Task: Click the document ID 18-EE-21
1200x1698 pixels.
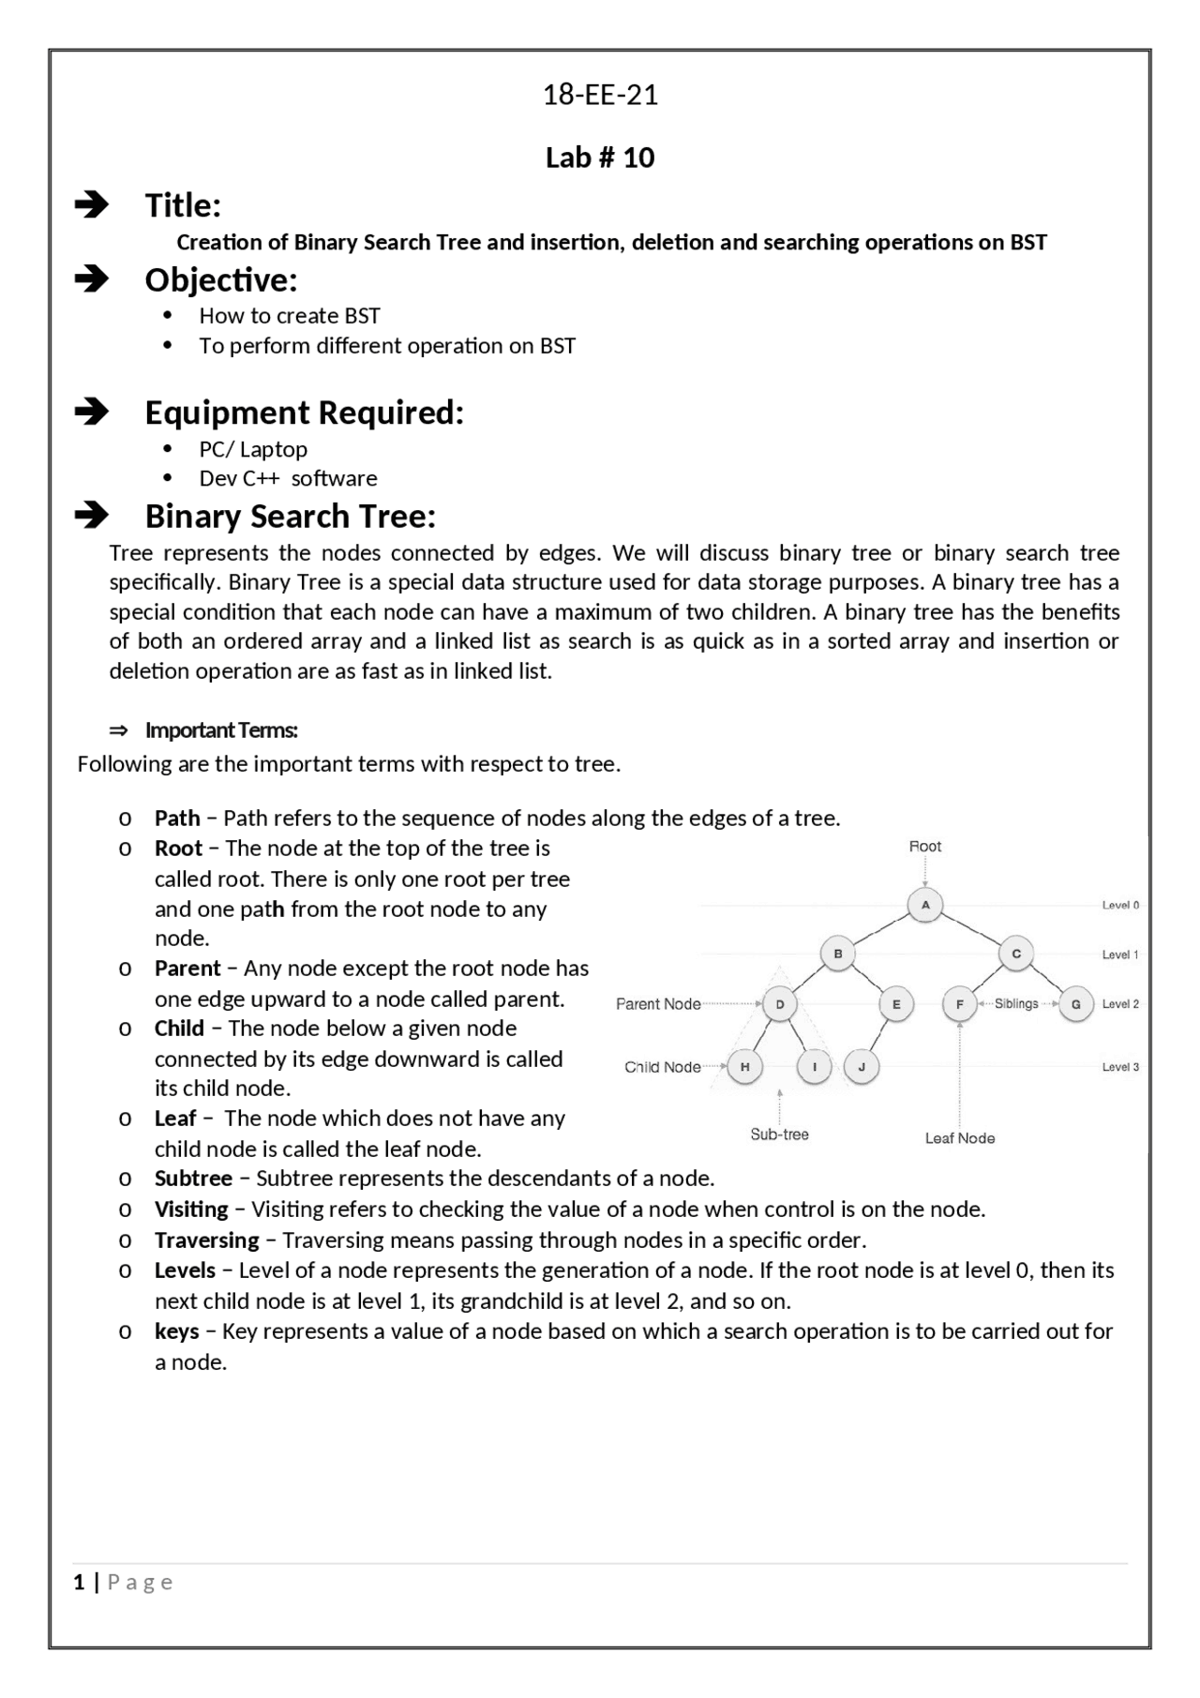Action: pyautogui.click(x=600, y=95)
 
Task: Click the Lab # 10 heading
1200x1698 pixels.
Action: pyautogui.click(x=600, y=158)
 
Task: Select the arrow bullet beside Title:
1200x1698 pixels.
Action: pyautogui.click(x=92, y=204)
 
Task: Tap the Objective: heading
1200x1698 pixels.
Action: pyautogui.click(x=220, y=279)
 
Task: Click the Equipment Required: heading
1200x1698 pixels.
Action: pyautogui.click(x=304, y=413)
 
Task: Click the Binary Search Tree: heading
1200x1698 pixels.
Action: pyautogui.click(x=290, y=517)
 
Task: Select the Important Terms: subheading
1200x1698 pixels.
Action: pyautogui.click(x=221, y=730)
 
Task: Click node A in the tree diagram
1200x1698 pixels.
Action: pyautogui.click(x=925, y=905)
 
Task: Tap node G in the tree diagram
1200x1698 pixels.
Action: pyautogui.click(x=1075, y=1004)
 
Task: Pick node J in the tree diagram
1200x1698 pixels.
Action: pyautogui.click(x=862, y=1067)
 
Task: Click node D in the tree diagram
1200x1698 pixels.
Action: pyautogui.click(x=780, y=1004)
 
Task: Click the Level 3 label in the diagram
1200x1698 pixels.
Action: pyautogui.click(x=1120, y=1067)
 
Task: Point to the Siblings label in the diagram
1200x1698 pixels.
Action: pyautogui.click(x=1016, y=1003)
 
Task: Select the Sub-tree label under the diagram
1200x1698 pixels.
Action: pyautogui.click(x=779, y=1135)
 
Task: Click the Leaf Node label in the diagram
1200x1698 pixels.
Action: pyautogui.click(x=959, y=1138)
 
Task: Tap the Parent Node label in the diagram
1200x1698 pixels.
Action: pyautogui.click(x=658, y=1004)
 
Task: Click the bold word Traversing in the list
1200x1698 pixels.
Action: pyautogui.click(x=206, y=1240)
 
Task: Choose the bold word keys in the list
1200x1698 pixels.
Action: pyautogui.click(x=176, y=1331)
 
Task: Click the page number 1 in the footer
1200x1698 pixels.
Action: pyautogui.click(x=79, y=1583)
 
